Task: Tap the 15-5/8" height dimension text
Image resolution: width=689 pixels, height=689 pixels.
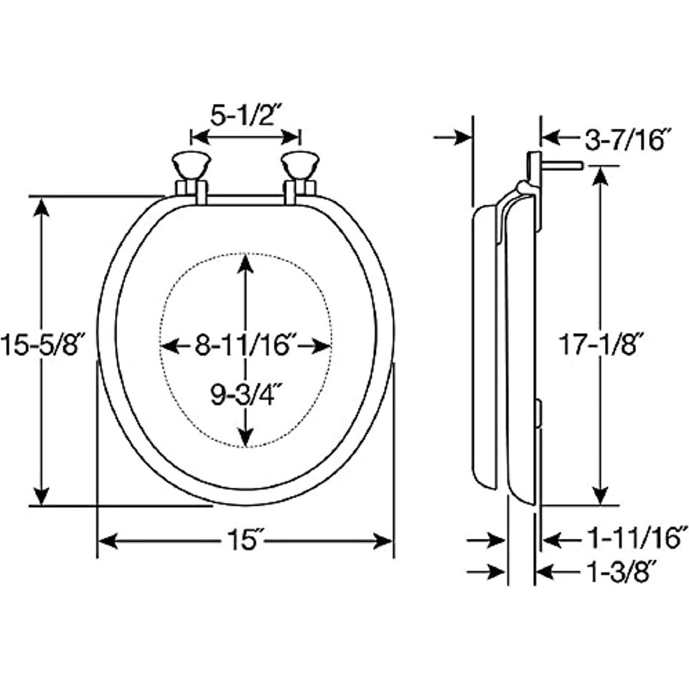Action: (x=42, y=344)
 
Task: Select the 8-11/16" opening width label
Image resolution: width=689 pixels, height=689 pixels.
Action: (x=246, y=345)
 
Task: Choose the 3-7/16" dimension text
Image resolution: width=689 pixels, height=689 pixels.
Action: (x=628, y=140)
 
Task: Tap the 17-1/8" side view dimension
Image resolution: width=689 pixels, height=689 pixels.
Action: (x=601, y=344)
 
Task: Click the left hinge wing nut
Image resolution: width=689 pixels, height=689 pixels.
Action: (x=192, y=166)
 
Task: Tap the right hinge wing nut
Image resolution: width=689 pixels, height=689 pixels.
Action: (x=300, y=166)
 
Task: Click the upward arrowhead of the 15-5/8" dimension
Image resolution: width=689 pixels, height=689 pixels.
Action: (x=42, y=207)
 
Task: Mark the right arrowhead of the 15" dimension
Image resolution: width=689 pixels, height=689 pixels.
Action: (x=383, y=540)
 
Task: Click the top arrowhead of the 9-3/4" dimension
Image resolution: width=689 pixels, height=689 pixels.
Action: (x=245, y=263)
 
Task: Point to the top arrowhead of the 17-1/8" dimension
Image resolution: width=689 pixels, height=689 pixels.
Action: (x=600, y=177)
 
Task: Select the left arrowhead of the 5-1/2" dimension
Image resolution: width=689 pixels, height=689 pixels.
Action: (x=201, y=137)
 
